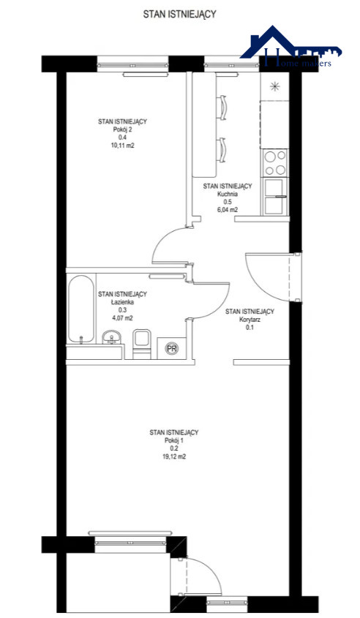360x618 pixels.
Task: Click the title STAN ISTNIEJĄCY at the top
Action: tap(179, 15)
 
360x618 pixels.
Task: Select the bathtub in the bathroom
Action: tap(80, 308)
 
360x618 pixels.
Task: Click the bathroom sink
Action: tap(112, 337)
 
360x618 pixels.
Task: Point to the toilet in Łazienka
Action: tap(142, 344)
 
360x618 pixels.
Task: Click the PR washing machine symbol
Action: tap(171, 348)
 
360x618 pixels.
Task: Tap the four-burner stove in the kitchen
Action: tap(275, 163)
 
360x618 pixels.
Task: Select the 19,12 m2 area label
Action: tap(173, 457)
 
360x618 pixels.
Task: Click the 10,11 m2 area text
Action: tap(123, 146)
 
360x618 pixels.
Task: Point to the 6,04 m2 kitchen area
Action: tap(228, 210)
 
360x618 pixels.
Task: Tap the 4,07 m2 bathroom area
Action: tap(122, 318)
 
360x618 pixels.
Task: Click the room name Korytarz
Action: tap(250, 320)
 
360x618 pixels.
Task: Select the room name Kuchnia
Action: tap(228, 194)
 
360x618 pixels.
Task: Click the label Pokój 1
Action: tap(173, 441)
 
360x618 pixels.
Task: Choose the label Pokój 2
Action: tap(123, 129)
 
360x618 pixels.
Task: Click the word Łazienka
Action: tap(122, 302)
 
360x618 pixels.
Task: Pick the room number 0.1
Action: tap(250, 328)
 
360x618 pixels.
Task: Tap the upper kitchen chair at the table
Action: tap(222, 108)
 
